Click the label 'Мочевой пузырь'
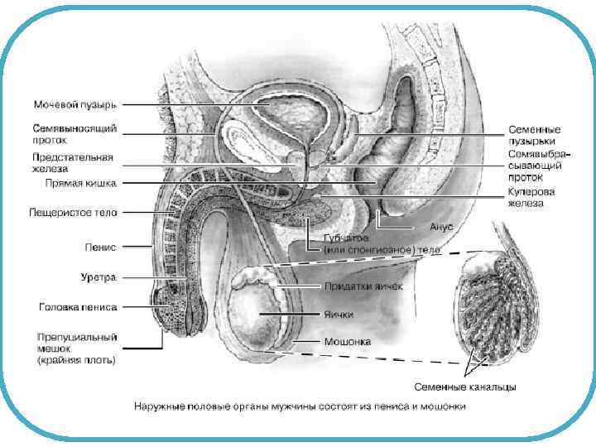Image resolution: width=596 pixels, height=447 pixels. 74,105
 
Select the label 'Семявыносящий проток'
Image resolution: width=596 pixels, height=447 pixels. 74,134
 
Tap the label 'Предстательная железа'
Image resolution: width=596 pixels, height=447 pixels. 74,162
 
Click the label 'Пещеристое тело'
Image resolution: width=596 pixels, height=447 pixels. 74,213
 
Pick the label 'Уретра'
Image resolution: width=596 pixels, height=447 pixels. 100,276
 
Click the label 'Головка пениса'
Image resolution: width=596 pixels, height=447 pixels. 78,307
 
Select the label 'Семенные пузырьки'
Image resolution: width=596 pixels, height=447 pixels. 534,135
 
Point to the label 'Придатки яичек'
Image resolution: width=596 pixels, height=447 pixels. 363,286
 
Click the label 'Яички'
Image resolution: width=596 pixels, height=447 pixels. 339,315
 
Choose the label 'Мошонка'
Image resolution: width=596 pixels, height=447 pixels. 348,341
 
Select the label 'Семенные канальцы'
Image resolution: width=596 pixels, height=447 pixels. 465,387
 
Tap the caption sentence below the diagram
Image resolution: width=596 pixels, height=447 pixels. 300,406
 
